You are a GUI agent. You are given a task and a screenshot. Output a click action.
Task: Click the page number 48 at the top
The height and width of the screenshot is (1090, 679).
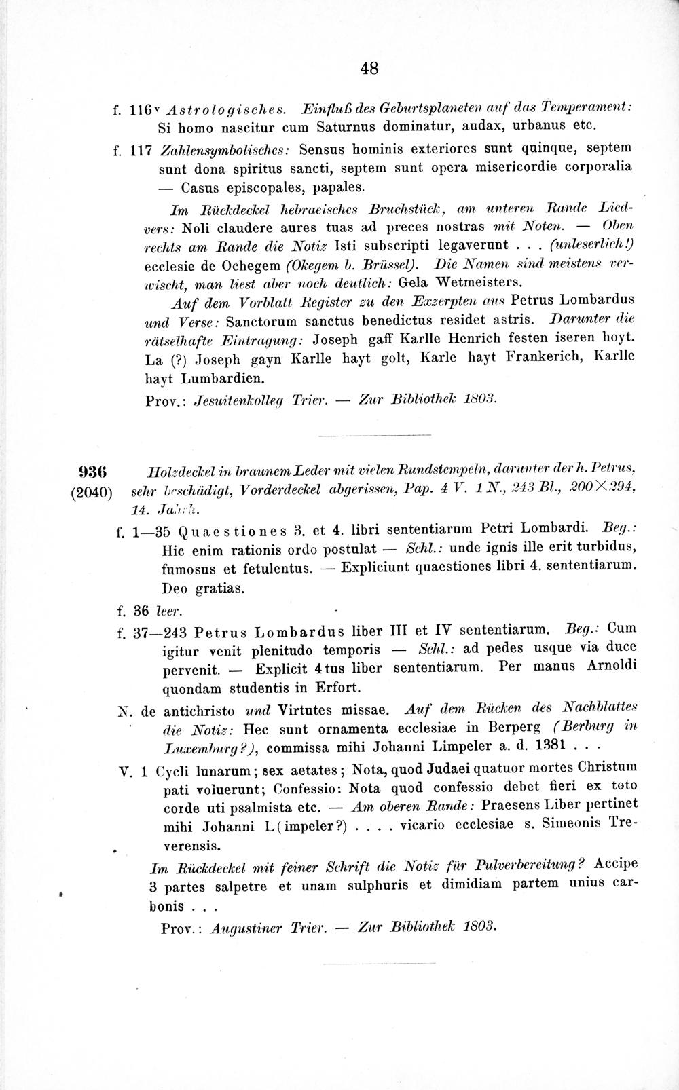click(369, 68)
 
